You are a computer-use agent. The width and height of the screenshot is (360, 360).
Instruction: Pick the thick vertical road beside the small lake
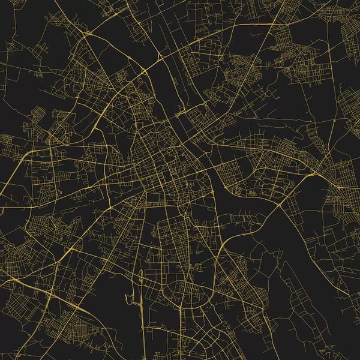pyautogui.click(x=142, y=300)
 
